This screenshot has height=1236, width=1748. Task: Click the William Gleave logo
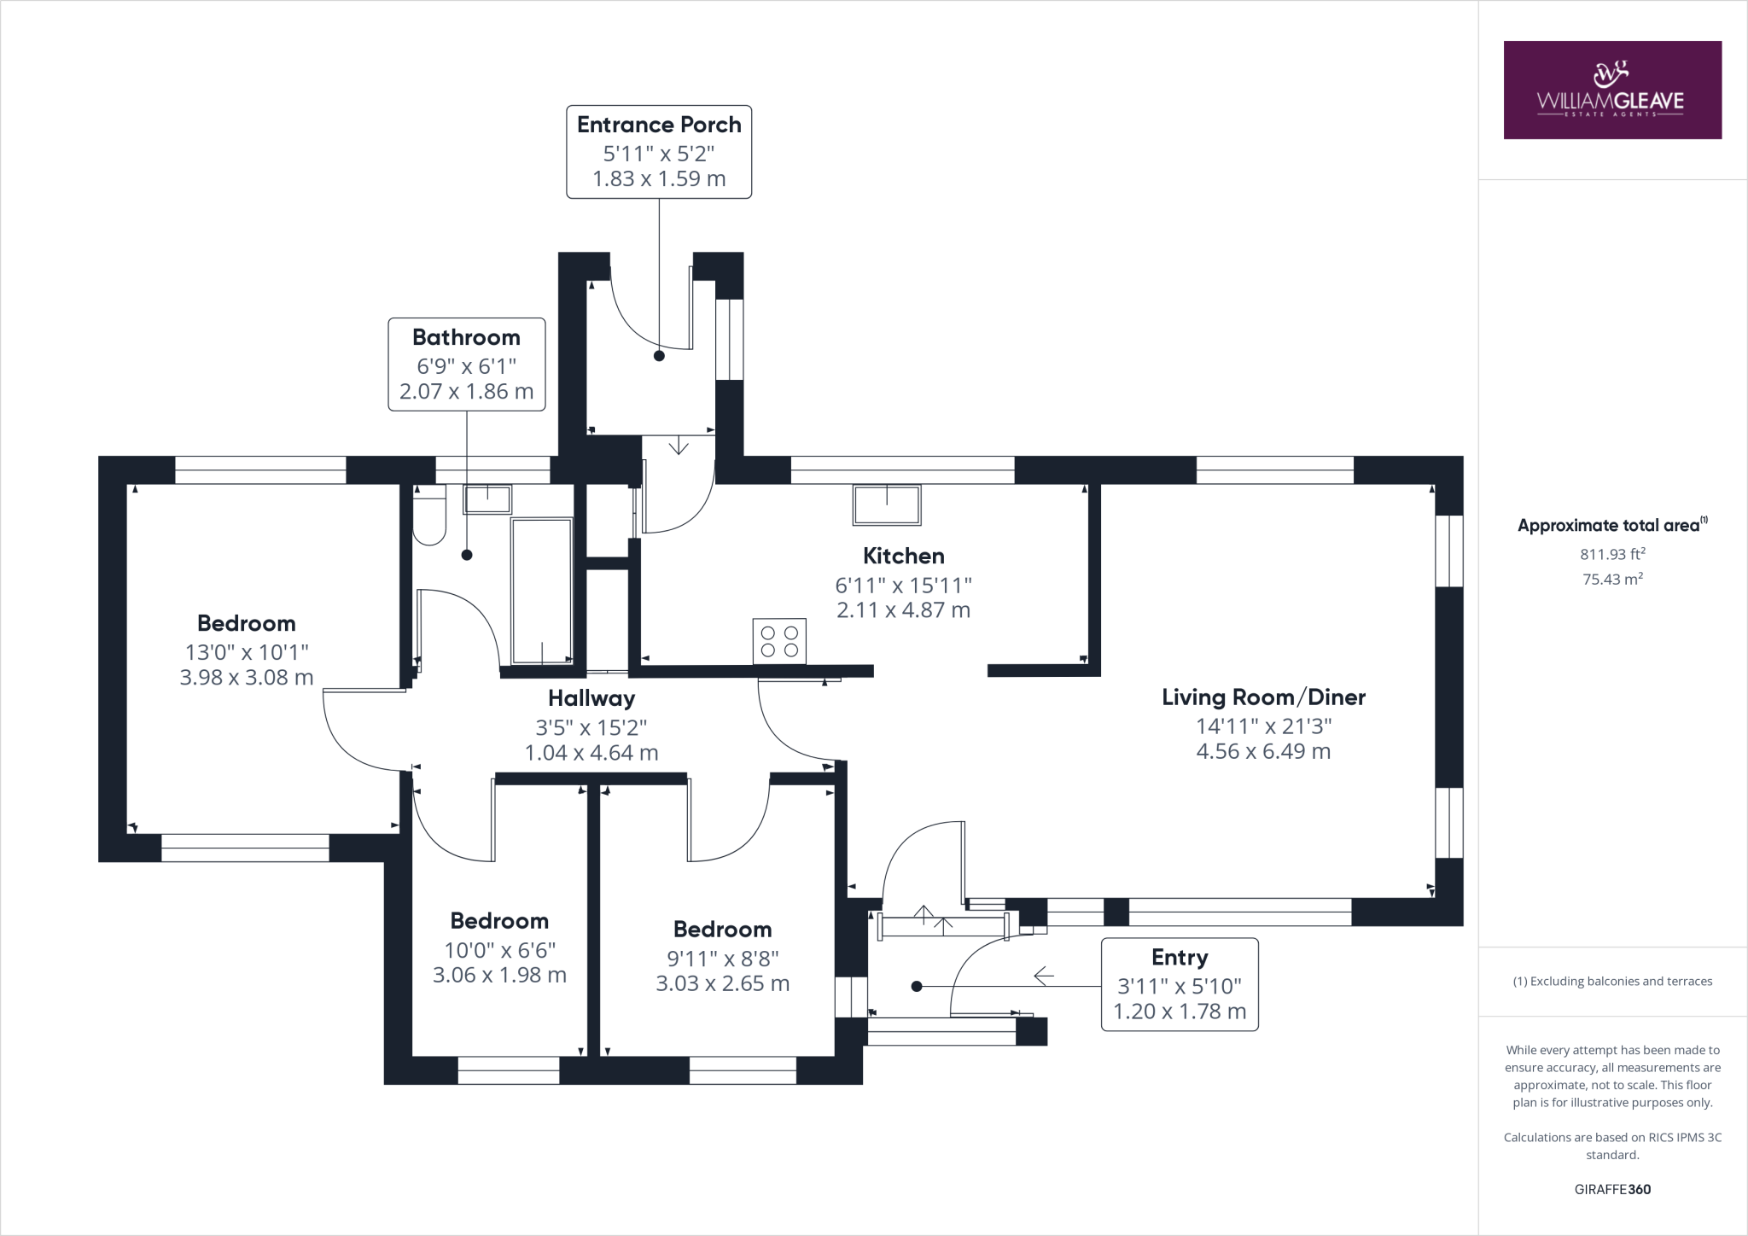(x=1611, y=90)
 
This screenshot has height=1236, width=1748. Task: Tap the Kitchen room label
(x=903, y=557)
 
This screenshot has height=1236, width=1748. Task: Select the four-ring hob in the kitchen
(x=779, y=641)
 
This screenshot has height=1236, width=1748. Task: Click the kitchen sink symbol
(x=887, y=504)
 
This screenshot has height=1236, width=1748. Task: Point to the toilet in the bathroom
(x=429, y=516)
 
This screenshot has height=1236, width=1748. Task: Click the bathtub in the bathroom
(x=542, y=590)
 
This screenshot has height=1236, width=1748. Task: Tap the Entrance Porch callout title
(x=659, y=125)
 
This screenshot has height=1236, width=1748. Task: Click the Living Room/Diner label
(x=1263, y=697)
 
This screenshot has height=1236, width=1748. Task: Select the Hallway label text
(x=591, y=699)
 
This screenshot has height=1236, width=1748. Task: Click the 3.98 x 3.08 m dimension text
(x=247, y=678)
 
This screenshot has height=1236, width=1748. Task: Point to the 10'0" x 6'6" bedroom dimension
(x=499, y=950)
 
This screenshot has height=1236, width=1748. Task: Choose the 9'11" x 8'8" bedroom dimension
(x=722, y=959)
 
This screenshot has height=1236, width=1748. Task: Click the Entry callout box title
(x=1180, y=958)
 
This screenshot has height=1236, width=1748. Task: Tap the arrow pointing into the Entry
(x=1043, y=975)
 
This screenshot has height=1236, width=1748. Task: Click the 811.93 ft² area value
(x=1612, y=554)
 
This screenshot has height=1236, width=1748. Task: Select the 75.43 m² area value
(x=1612, y=580)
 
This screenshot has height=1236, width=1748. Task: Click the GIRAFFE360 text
(x=1612, y=1189)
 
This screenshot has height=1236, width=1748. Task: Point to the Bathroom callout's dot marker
(x=467, y=555)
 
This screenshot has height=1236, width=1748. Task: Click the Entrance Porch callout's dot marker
(x=659, y=356)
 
